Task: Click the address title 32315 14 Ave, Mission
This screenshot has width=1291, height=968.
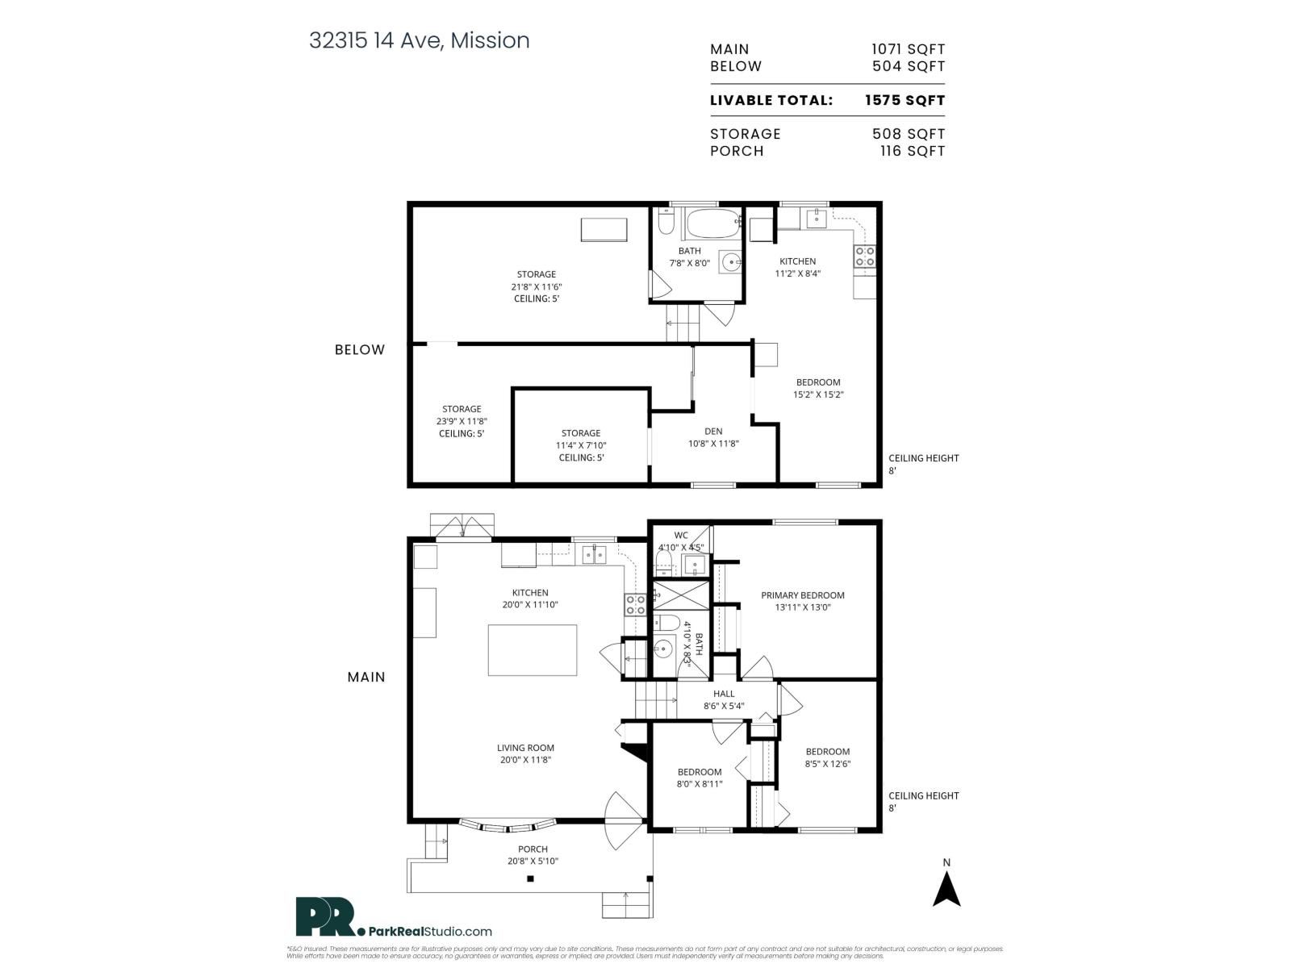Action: (419, 40)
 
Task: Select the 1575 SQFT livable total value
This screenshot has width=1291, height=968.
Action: (904, 101)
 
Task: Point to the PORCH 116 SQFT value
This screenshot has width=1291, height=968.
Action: (913, 151)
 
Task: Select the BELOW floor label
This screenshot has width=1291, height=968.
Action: (360, 349)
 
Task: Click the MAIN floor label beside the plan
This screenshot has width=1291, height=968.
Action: (366, 677)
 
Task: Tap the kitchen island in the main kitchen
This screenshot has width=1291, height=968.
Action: (532, 650)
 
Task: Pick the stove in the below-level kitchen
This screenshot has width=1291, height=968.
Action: (865, 257)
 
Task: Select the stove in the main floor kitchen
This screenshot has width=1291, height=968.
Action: (635, 605)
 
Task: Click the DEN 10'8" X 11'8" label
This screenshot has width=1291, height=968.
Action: (713, 437)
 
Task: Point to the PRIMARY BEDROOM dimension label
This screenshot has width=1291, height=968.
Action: (802, 601)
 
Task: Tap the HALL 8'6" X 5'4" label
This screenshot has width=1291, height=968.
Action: (724, 699)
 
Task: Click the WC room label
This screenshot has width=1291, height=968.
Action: (681, 535)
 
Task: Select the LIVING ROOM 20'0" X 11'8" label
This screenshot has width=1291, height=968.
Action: (525, 753)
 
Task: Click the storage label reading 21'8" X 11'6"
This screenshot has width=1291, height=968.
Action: (536, 286)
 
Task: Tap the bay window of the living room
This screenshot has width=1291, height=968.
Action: (508, 825)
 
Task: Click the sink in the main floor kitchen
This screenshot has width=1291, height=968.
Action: (595, 555)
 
